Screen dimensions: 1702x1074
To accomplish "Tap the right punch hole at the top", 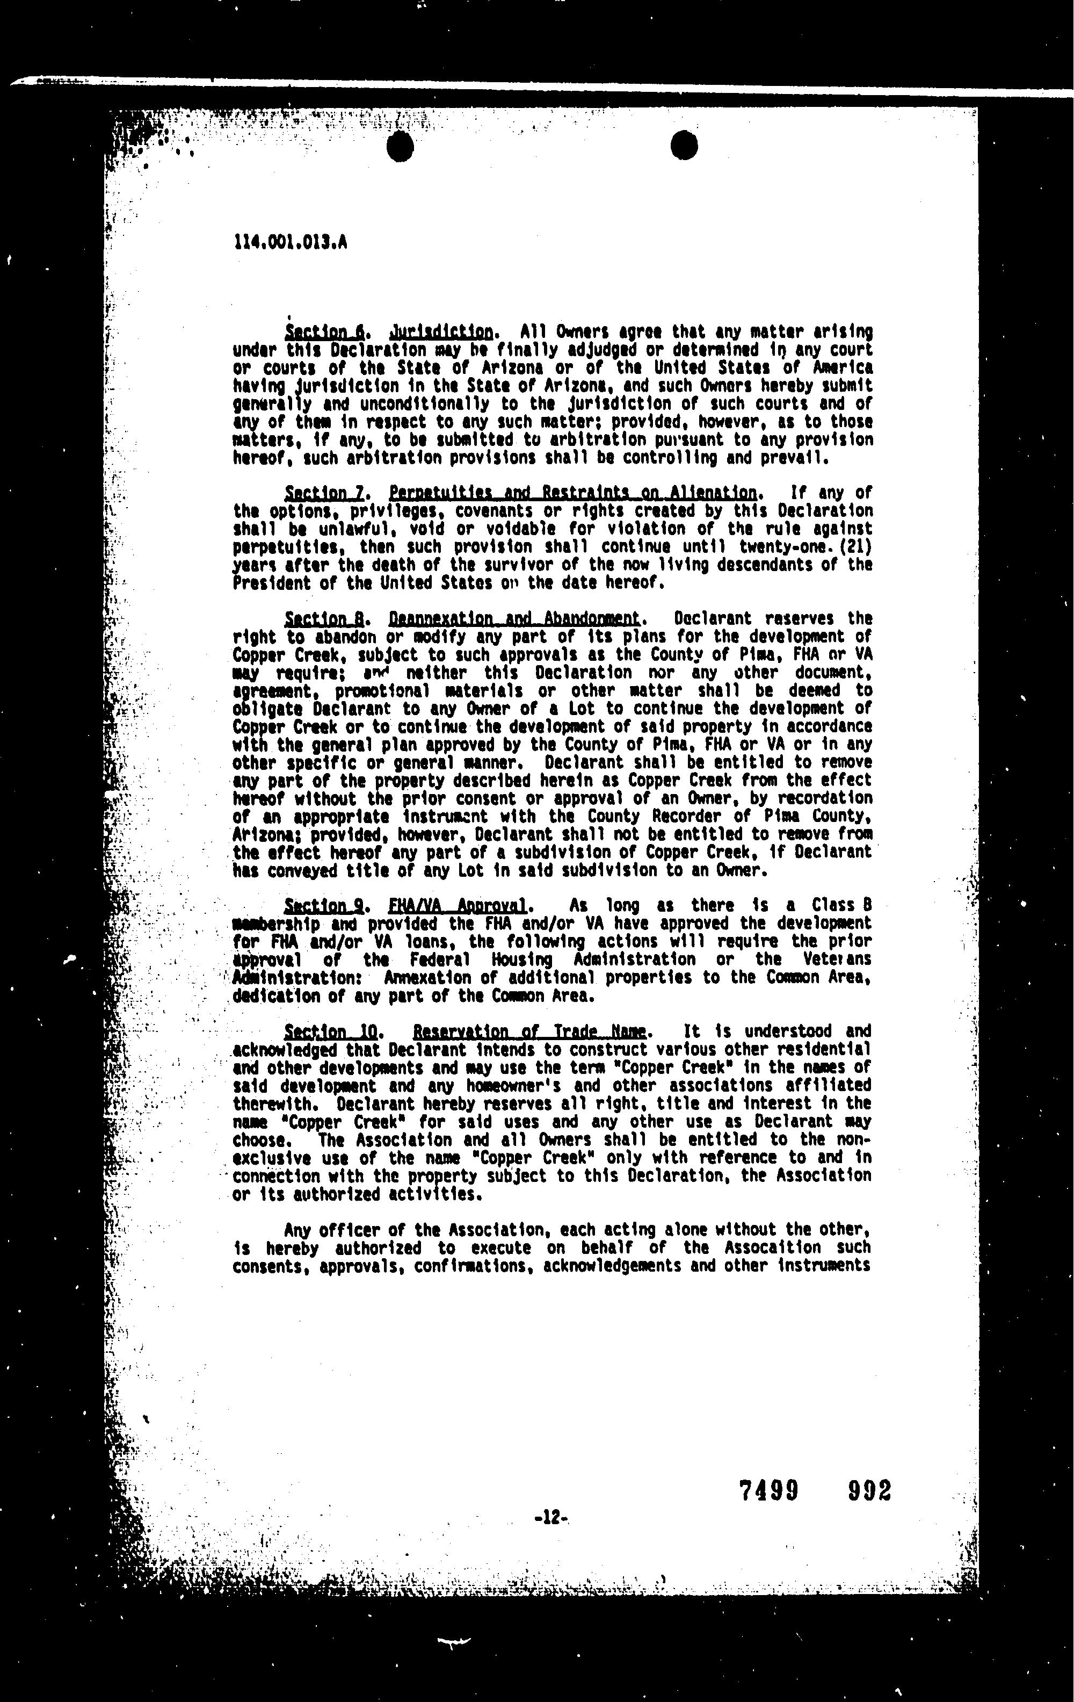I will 683,146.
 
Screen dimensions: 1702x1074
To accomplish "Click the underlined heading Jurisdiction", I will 441,331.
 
